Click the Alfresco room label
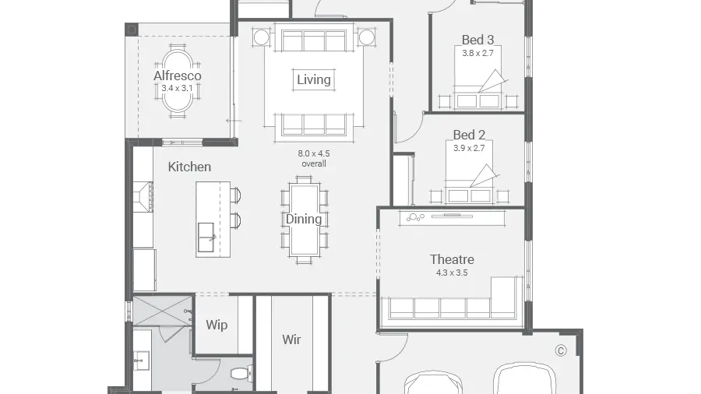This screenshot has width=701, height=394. click(x=178, y=76)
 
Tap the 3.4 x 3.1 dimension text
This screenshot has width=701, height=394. click(x=177, y=89)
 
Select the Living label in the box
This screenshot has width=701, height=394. click(x=314, y=79)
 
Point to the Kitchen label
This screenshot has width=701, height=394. click(x=189, y=167)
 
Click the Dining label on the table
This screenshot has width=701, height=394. click(x=304, y=219)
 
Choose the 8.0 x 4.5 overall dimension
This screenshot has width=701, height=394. click(x=314, y=159)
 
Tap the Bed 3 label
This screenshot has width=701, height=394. click(x=478, y=40)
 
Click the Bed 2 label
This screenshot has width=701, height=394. click(x=469, y=135)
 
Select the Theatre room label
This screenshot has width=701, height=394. click(x=452, y=259)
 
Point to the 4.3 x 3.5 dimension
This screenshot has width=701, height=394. click(x=452, y=273)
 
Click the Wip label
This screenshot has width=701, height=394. click(x=217, y=325)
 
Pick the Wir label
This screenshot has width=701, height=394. click(x=291, y=339)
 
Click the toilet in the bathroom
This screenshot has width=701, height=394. click(x=242, y=373)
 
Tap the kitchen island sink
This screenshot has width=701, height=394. click(x=206, y=237)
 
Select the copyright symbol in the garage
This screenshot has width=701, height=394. click(x=561, y=350)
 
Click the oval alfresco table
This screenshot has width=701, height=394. click(x=178, y=80)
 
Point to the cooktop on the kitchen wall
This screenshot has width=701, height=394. click(x=143, y=196)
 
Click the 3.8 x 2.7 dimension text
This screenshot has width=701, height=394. click(x=478, y=53)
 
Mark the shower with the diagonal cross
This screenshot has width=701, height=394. click(x=164, y=311)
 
